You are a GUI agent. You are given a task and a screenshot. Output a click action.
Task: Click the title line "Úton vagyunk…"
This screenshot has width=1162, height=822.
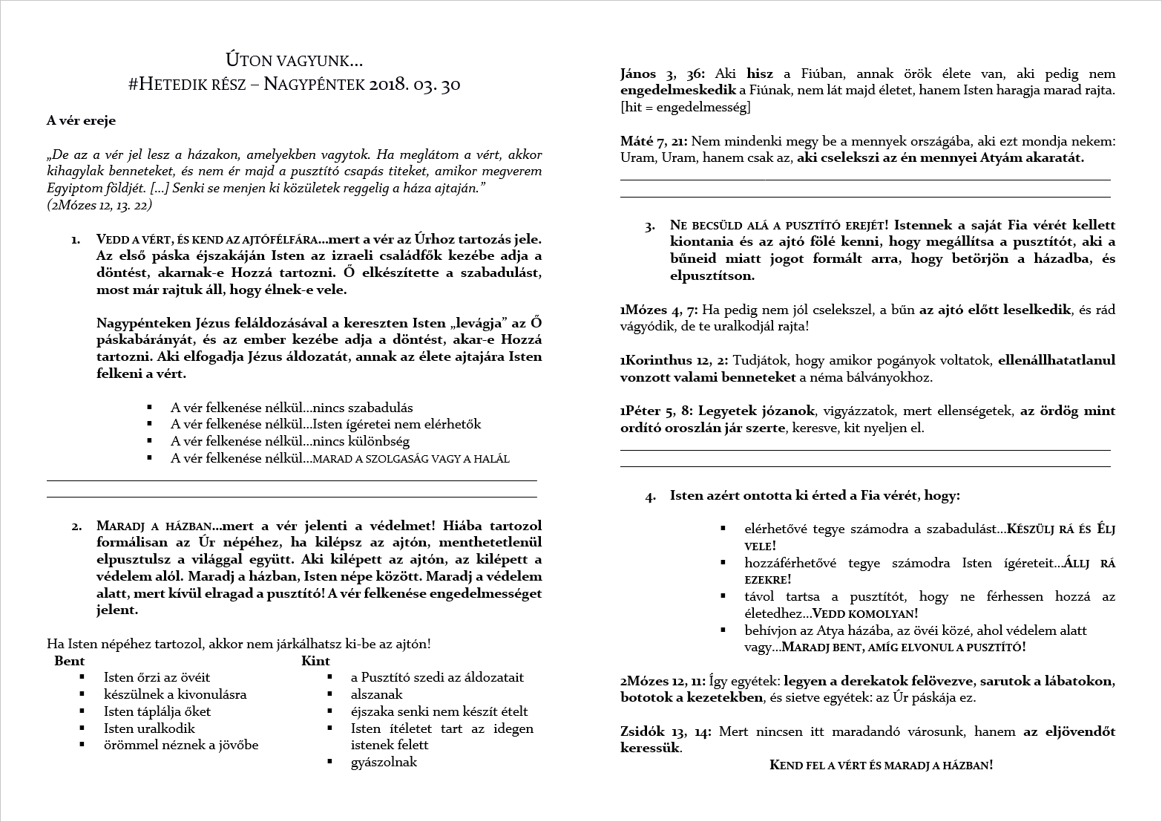pos(294,60)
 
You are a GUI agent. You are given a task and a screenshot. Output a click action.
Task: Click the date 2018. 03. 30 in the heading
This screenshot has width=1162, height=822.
pos(414,85)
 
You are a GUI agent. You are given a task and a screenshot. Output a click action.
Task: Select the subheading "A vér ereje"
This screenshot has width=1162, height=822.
pos(81,121)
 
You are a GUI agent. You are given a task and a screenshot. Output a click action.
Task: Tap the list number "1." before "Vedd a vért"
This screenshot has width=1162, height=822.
pos(76,240)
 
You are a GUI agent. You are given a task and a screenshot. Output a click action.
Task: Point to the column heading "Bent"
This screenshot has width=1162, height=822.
pos(70,661)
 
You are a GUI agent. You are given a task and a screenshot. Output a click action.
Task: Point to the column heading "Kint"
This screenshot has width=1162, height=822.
pos(315,661)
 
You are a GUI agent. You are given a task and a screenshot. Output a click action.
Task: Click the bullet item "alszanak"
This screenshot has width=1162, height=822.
pos(377,694)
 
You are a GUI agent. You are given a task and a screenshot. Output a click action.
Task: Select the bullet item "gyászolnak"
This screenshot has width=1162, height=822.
pos(384,762)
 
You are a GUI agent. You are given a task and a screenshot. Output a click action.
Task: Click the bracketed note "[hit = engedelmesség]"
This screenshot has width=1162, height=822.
pos(685,108)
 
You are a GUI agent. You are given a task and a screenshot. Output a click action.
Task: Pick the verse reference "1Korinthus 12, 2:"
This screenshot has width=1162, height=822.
pos(674,361)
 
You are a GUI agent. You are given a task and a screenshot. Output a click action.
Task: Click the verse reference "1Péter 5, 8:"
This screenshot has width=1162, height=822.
pos(657,411)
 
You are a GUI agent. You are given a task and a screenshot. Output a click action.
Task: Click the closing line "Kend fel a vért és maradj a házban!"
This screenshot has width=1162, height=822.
pos(881,766)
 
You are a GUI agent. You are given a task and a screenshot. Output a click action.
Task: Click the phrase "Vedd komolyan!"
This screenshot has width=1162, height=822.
pos(865,614)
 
